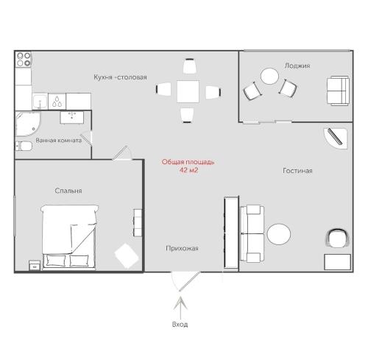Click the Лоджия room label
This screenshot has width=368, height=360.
[x=297, y=66]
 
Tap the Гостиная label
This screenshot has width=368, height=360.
[x=297, y=171]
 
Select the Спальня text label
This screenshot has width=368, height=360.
[x=68, y=191]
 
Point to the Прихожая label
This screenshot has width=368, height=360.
[x=182, y=248]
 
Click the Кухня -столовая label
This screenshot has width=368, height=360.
[x=120, y=77]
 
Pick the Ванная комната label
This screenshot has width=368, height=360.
[x=59, y=141]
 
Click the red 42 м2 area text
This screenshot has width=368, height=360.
[x=188, y=170]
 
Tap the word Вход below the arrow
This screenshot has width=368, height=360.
[x=180, y=325]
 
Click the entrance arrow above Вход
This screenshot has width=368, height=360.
[x=180, y=308]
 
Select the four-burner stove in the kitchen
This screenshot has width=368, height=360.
[x=24, y=60]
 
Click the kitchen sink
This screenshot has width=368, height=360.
[x=40, y=102]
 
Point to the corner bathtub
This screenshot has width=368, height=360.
[x=28, y=124]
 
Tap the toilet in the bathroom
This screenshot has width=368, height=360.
[x=24, y=147]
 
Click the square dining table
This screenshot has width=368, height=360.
[x=188, y=91]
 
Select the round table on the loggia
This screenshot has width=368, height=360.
[x=269, y=77]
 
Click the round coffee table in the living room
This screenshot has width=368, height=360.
[x=279, y=234]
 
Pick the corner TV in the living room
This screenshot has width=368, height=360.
[x=336, y=138]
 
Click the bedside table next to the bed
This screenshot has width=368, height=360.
[x=35, y=265]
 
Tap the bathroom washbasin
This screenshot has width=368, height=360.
[x=72, y=118]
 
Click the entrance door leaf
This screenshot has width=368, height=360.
[x=190, y=281]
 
